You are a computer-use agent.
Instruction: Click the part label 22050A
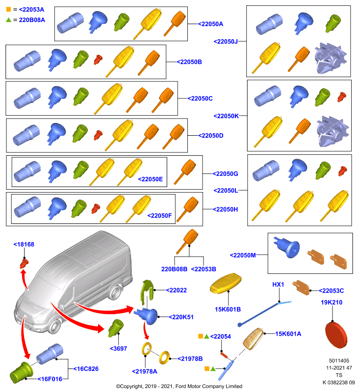pyautogui.click(x=210, y=24)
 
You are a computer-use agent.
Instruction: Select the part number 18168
pyautogui.click(x=24, y=245)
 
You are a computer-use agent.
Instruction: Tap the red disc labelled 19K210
pyautogui.click(x=336, y=335)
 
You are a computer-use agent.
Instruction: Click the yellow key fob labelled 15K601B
pyautogui.click(x=226, y=283)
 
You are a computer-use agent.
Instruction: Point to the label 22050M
pyautogui.click(x=243, y=255)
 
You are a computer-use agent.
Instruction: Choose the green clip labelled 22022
pyautogui.click(x=147, y=293)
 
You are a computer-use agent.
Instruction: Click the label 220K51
pyautogui.click(x=181, y=317)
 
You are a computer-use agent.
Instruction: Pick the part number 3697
pyautogui.click(x=119, y=348)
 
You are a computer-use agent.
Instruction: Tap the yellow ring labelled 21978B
pyautogui.click(x=164, y=358)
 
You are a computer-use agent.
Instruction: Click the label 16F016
pyautogui.click(x=50, y=379)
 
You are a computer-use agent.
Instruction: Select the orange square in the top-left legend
pyautogui.click(x=8, y=9)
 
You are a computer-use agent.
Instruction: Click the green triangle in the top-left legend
pyautogui.click(x=8, y=20)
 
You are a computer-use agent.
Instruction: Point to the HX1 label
pyautogui.click(x=278, y=285)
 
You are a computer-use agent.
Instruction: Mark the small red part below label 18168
pyautogui.click(x=24, y=264)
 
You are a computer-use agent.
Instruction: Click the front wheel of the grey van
pyautogui.click(x=54, y=326)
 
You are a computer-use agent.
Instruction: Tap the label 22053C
pyautogui.click(x=331, y=291)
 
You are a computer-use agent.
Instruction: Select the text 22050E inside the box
pyautogui.click(x=151, y=179)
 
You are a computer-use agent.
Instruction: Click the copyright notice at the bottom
pyautogui.click(x=179, y=386)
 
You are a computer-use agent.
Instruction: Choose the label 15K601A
pyautogui.click(x=288, y=334)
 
